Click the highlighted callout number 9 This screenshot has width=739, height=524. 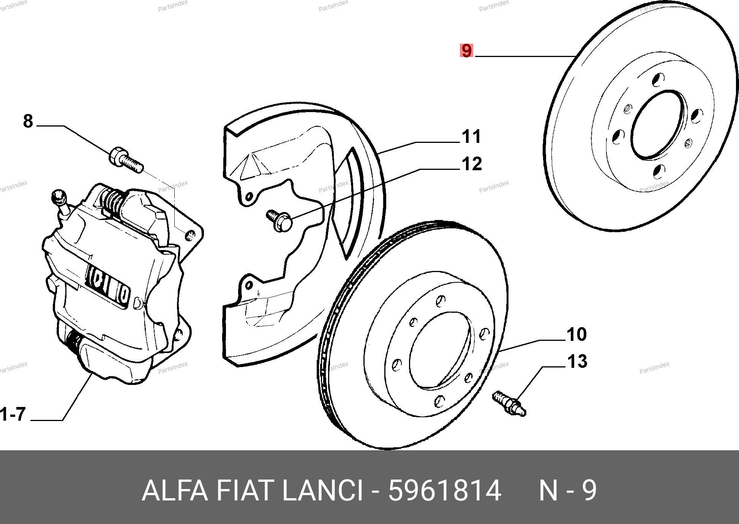tap(466, 51)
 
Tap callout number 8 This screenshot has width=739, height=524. tap(28, 121)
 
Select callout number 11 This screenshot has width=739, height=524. tap(471, 136)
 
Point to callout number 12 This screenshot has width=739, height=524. tap(472, 164)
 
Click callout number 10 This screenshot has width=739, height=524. tap(576, 334)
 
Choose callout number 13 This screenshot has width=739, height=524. tap(577, 361)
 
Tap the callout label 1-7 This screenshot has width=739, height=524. tap(13, 414)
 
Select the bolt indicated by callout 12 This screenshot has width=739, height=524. tap(279, 220)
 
